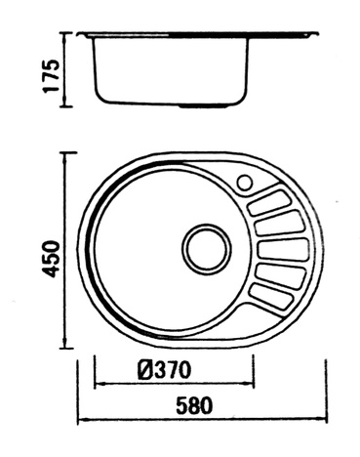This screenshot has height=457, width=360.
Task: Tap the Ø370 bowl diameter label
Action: click(x=163, y=369)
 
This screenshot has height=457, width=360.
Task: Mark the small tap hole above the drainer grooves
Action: click(x=244, y=183)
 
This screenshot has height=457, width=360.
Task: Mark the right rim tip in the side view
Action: click(x=317, y=36)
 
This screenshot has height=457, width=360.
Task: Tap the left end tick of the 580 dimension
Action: click(x=77, y=420)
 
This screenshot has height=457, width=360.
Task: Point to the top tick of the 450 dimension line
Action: click(x=66, y=152)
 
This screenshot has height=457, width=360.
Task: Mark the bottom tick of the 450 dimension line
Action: click(x=66, y=347)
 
